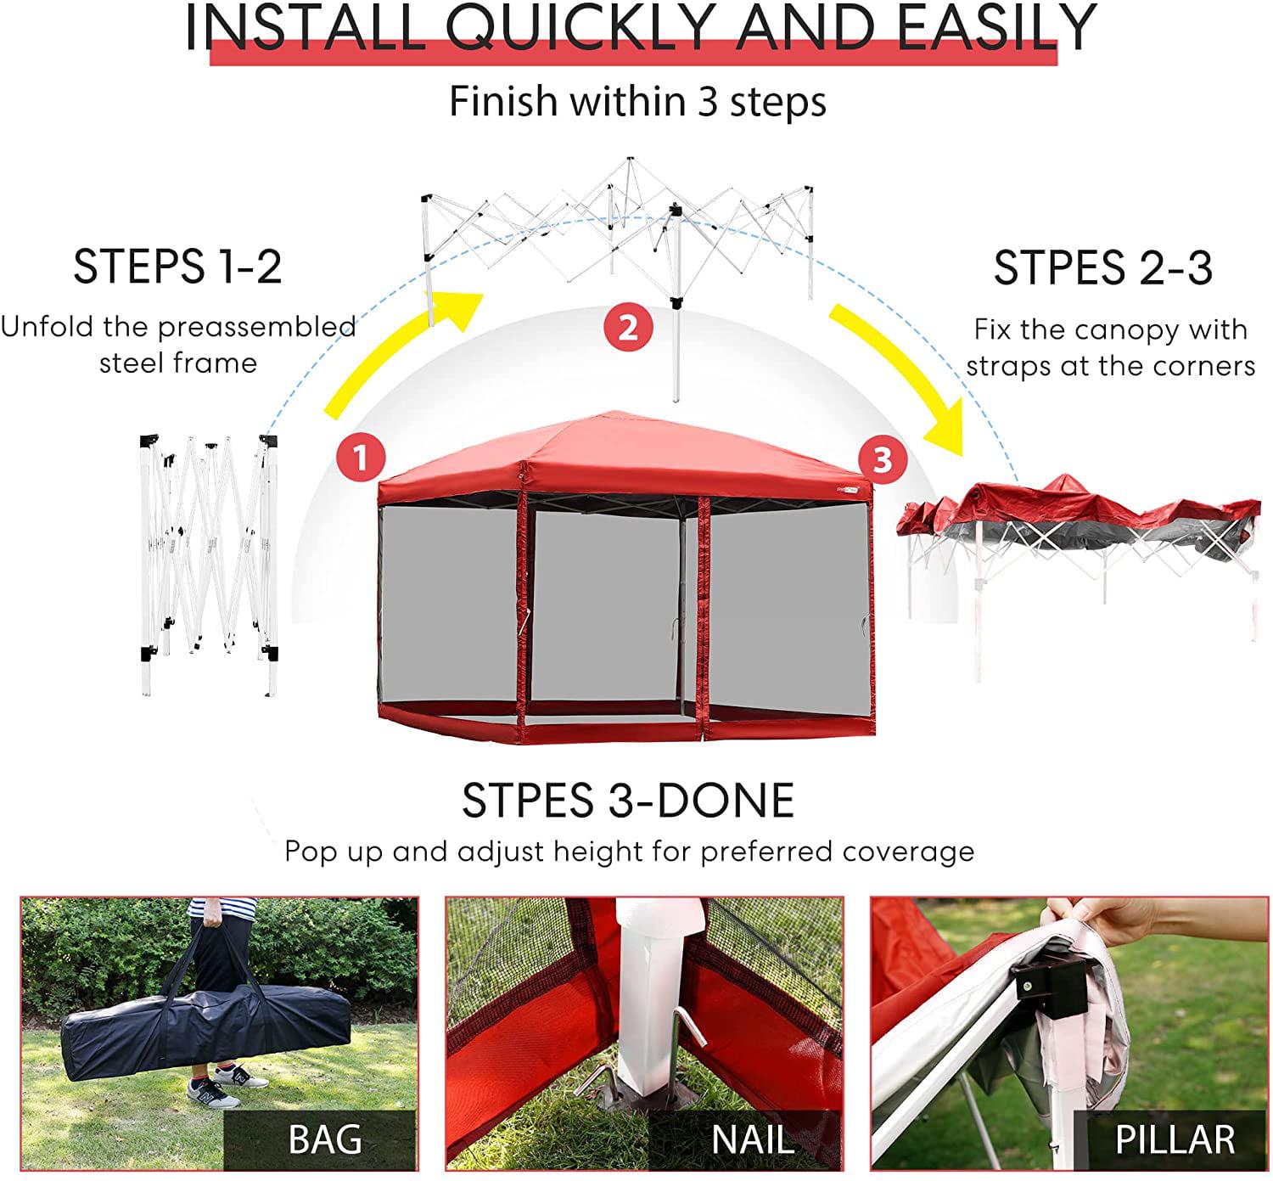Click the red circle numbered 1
coord(361,458)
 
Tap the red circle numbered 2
coord(628,328)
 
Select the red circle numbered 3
coord(883,459)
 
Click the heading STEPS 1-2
coord(177,267)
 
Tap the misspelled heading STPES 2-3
coord(1103,268)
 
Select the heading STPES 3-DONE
coord(628,801)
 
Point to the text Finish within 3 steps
coord(637,102)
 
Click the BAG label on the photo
coord(325,1139)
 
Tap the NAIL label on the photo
coord(752,1139)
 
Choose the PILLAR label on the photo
coord(1175,1139)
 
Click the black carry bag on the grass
coord(204,1028)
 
